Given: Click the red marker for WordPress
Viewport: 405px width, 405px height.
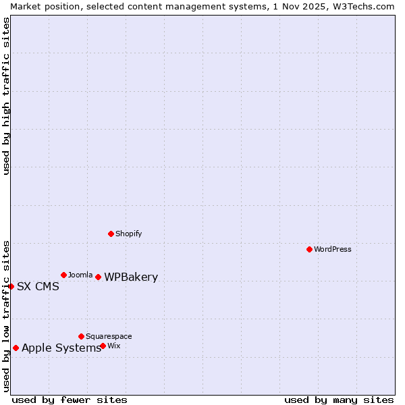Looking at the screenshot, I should [x=309, y=249].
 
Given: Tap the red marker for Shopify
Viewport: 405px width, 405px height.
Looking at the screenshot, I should [x=111, y=234].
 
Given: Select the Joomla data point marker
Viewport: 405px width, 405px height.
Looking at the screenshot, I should [x=63, y=275].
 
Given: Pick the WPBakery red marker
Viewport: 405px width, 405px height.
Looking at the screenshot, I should [x=98, y=277].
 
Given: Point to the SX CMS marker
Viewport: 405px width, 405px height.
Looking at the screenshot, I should [x=11, y=286].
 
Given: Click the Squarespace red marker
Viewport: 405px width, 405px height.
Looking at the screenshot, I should [x=81, y=336].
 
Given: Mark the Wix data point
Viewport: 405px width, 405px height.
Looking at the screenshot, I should [x=103, y=346].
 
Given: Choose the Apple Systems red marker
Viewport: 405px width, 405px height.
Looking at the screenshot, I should [x=16, y=348].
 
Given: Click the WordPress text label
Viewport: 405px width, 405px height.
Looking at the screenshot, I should [x=333, y=249].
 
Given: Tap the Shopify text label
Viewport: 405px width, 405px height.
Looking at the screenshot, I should [x=128, y=234].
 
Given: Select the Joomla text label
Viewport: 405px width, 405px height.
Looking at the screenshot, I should [x=80, y=275].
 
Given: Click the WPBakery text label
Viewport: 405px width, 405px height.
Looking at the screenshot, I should [x=131, y=277].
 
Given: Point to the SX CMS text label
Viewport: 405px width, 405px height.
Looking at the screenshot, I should [x=38, y=286].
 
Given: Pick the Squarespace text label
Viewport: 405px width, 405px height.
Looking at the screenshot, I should [x=109, y=336].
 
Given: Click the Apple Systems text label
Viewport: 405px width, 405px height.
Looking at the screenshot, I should [x=61, y=348].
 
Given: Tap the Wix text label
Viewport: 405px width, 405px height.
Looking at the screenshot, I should [x=113, y=346].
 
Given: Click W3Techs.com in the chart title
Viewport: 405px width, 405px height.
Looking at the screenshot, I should [x=362, y=6].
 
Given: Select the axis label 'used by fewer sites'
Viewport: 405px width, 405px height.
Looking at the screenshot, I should [x=70, y=400].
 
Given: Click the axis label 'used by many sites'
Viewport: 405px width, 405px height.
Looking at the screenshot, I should [x=339, y=400].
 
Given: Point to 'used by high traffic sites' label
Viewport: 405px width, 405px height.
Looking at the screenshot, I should [x=6, y=96].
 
